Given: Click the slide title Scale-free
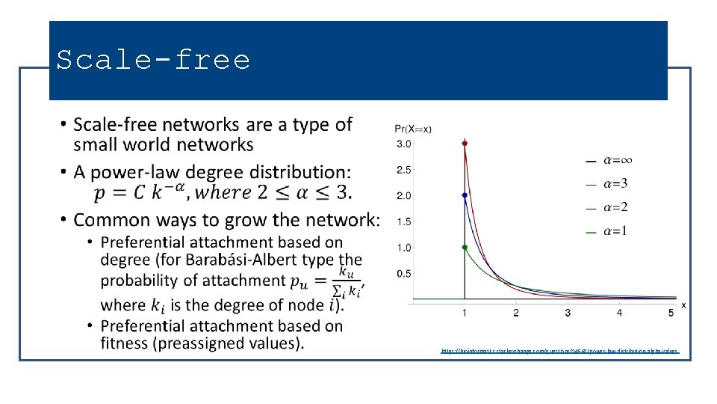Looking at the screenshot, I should pyautogui.click(x=153, y=60).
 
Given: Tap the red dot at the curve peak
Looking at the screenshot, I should pyautogui.click(x=465, y=143).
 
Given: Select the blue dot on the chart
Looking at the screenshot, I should pyautogui.click(x=465, y=195).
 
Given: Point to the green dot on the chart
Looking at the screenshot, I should pyautogui.click(x=465, y=247).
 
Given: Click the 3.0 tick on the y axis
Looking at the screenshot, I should pyautogui.click(x=403, y=144).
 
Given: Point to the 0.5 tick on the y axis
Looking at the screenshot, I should pyautogui.click(x=403, y=274).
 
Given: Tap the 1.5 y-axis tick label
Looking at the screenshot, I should pyautogui.click(x=403, y=221).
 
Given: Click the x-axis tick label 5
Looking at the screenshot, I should pyautogui.click(x=671, y=313).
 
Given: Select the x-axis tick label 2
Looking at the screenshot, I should pyautogui.click(x=516, y=313).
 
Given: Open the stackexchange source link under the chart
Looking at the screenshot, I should pyautogui.click(x=559, y=350).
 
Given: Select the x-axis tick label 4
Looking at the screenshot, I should pyautogui.click(x=619, y=313).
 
